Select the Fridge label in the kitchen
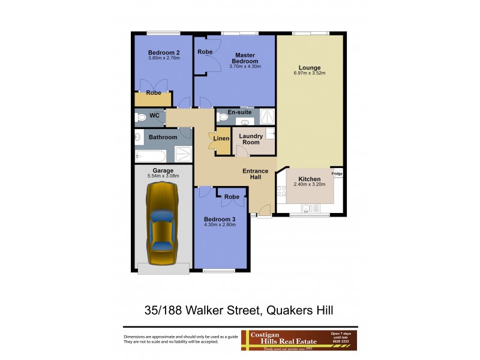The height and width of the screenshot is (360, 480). coord(337,174)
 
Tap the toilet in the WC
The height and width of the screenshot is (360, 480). coord(141,118)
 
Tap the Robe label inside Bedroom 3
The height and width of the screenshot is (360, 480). coord(232,197)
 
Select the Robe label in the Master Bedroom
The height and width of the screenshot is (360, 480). coord(205,52)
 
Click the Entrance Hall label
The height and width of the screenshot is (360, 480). coord(255,174)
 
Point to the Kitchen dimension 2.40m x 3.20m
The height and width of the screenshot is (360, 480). coord(310,185)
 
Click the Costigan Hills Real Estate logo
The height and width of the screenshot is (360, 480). coord(282,340)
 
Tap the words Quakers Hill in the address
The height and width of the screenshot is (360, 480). coord(297,310)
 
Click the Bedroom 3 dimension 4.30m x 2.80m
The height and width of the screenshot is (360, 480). coord(220,225)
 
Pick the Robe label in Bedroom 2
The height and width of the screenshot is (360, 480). coord(154,93)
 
